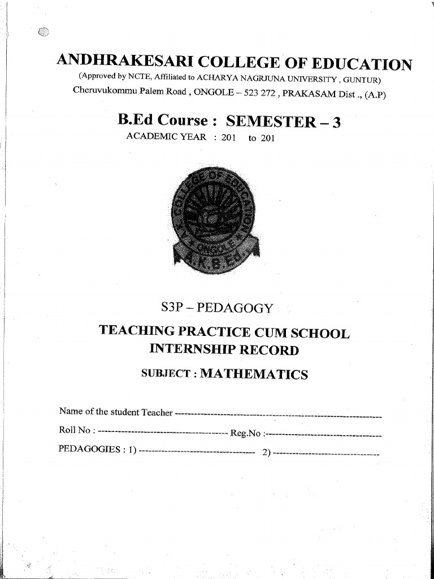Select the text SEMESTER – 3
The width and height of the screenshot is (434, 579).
284,122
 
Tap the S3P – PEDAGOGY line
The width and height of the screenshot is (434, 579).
217,308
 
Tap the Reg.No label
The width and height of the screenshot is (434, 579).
246,434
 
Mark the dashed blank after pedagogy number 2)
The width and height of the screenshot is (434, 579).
326,453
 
